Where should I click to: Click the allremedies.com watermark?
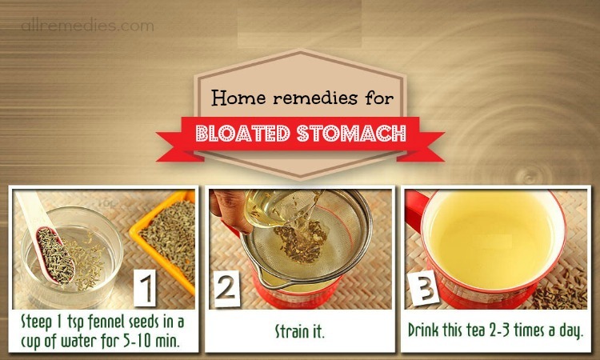[x=88, y=26]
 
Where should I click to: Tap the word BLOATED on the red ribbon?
[x=242, y=134]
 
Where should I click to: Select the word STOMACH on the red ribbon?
[x=351, y=134]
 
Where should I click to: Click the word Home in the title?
[x=238, y=98]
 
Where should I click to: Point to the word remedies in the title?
[x=314, y=98]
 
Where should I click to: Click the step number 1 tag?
[x=145, y=288]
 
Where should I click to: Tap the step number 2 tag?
[x=226, y=289]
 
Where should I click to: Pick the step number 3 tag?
[x=423, y=288]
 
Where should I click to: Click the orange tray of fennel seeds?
[x=166, y=237]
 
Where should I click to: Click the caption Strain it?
[x=300, y=331]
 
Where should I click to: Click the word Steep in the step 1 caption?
[x=36, y=322]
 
